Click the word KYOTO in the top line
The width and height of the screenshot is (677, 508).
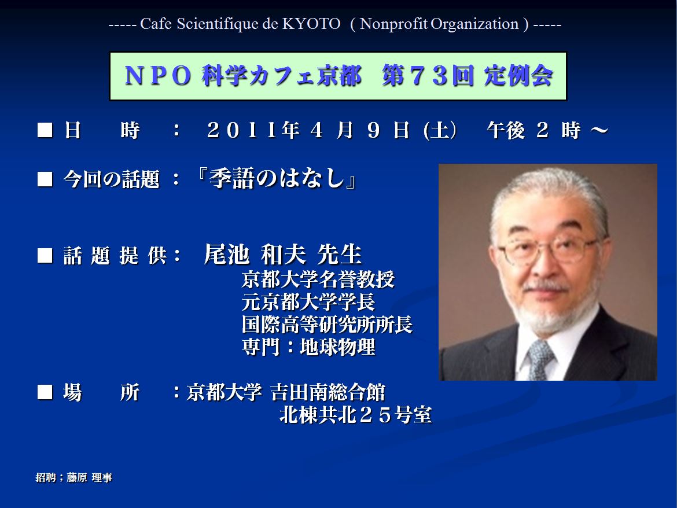(311, 24)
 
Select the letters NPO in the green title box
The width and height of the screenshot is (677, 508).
(157, 76)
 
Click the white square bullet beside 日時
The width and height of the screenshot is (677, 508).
(45, 130)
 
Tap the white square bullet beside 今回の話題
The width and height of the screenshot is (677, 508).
(45, 179)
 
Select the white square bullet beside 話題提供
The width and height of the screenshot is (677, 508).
(45, 256)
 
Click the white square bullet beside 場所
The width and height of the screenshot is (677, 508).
(45, 392)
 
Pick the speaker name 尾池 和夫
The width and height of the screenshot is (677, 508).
(255, 254)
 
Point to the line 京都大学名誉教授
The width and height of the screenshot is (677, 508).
(318, 279)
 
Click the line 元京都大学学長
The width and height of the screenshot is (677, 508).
(308, 301)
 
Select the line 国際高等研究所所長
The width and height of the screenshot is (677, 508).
(328, 325)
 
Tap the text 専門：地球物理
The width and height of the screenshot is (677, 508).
(308, 347)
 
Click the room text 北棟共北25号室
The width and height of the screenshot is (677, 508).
(356, 415)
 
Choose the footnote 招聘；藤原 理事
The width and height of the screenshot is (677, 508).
(74, 477)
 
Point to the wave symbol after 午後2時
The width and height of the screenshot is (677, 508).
(599, 130)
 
